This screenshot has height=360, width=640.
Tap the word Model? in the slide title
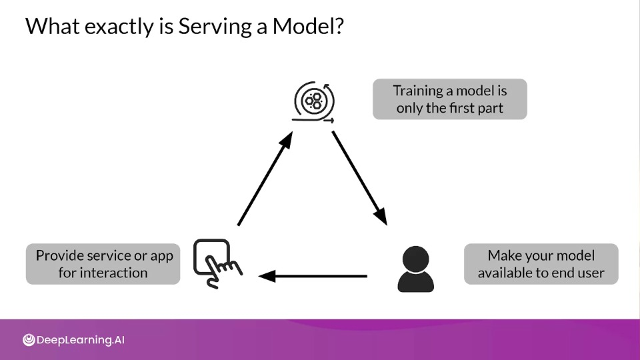pyautogui.click(x=308, y=26)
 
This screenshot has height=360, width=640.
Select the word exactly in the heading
pyautogui.click(x=119, y=27)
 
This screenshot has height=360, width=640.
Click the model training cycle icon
pyautogui.click(x=314, y=101)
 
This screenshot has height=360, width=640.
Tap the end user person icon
pyautogui.click(x=415, y=269)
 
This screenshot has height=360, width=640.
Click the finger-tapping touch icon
pyautogui.click(x=217, y=263)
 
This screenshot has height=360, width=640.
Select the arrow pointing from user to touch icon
pyautogui.click(x=313, y=276)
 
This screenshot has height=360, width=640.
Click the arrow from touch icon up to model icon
pyautogui.click(x=265, y=179)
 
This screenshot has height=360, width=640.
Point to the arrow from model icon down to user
pyautogui.click(x=359, y=178)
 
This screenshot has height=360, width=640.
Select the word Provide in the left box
pyautogui.click(x=60, y=255)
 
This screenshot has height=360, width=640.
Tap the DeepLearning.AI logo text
pyautogui.click(x=81, y=340)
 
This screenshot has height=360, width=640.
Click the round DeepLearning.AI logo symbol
pyautogui.click(x=29, y=339)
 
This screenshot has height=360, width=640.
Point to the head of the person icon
pyautogui.click(x=415, y=259)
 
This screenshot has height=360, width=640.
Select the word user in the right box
pyautogui.click(x=592, y=273)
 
